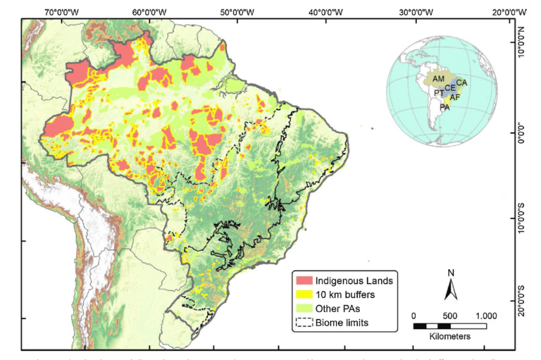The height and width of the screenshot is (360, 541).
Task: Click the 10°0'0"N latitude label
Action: [x=526, y=43]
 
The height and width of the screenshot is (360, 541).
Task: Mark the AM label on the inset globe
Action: [x=438, y=78]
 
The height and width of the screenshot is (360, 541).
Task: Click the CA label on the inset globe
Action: [x=461, y=83]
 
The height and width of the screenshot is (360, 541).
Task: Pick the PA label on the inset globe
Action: [x=444, y=108]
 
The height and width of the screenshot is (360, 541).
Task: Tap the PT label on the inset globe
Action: [x=439, y=93]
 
